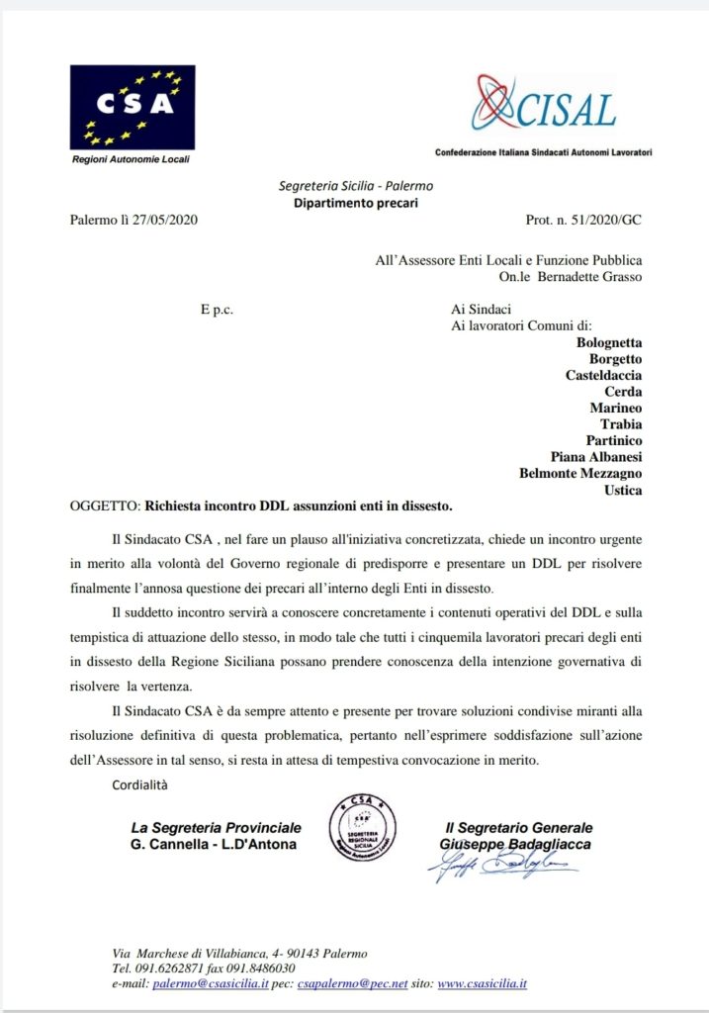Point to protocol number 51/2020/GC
(602, 220)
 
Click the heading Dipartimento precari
(355, 203)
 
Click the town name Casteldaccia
(603, 375)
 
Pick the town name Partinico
(608, 440)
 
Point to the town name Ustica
(622, 490)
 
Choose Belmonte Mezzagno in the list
(580, 473)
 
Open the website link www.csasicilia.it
(482, 984)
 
